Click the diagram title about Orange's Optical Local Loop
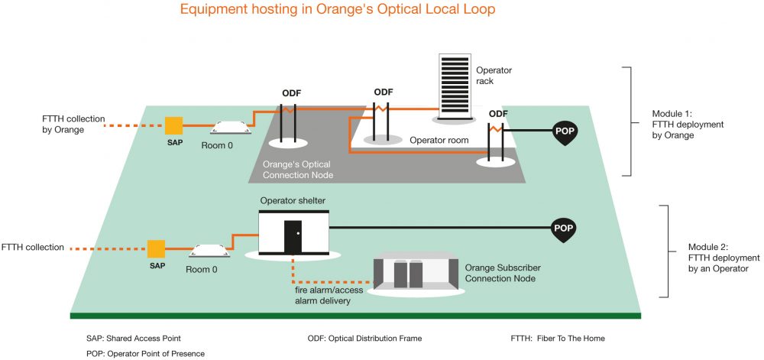click(x=337, y=9)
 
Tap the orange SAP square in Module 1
click(x=174, y=125)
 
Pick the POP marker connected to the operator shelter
click(x=563, y=229)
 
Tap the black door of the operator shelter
click(x=293, y=237)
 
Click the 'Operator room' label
click(x=439, y=141)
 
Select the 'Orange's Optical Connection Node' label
click(x=296, y=169)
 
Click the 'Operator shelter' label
click(x=293, y=201)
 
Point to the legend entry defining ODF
click(x=364, y=338)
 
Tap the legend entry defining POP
click(x=145, y=354)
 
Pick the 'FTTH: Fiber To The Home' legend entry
click(x=558, y=338)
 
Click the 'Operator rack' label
click(x=494, y=76)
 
